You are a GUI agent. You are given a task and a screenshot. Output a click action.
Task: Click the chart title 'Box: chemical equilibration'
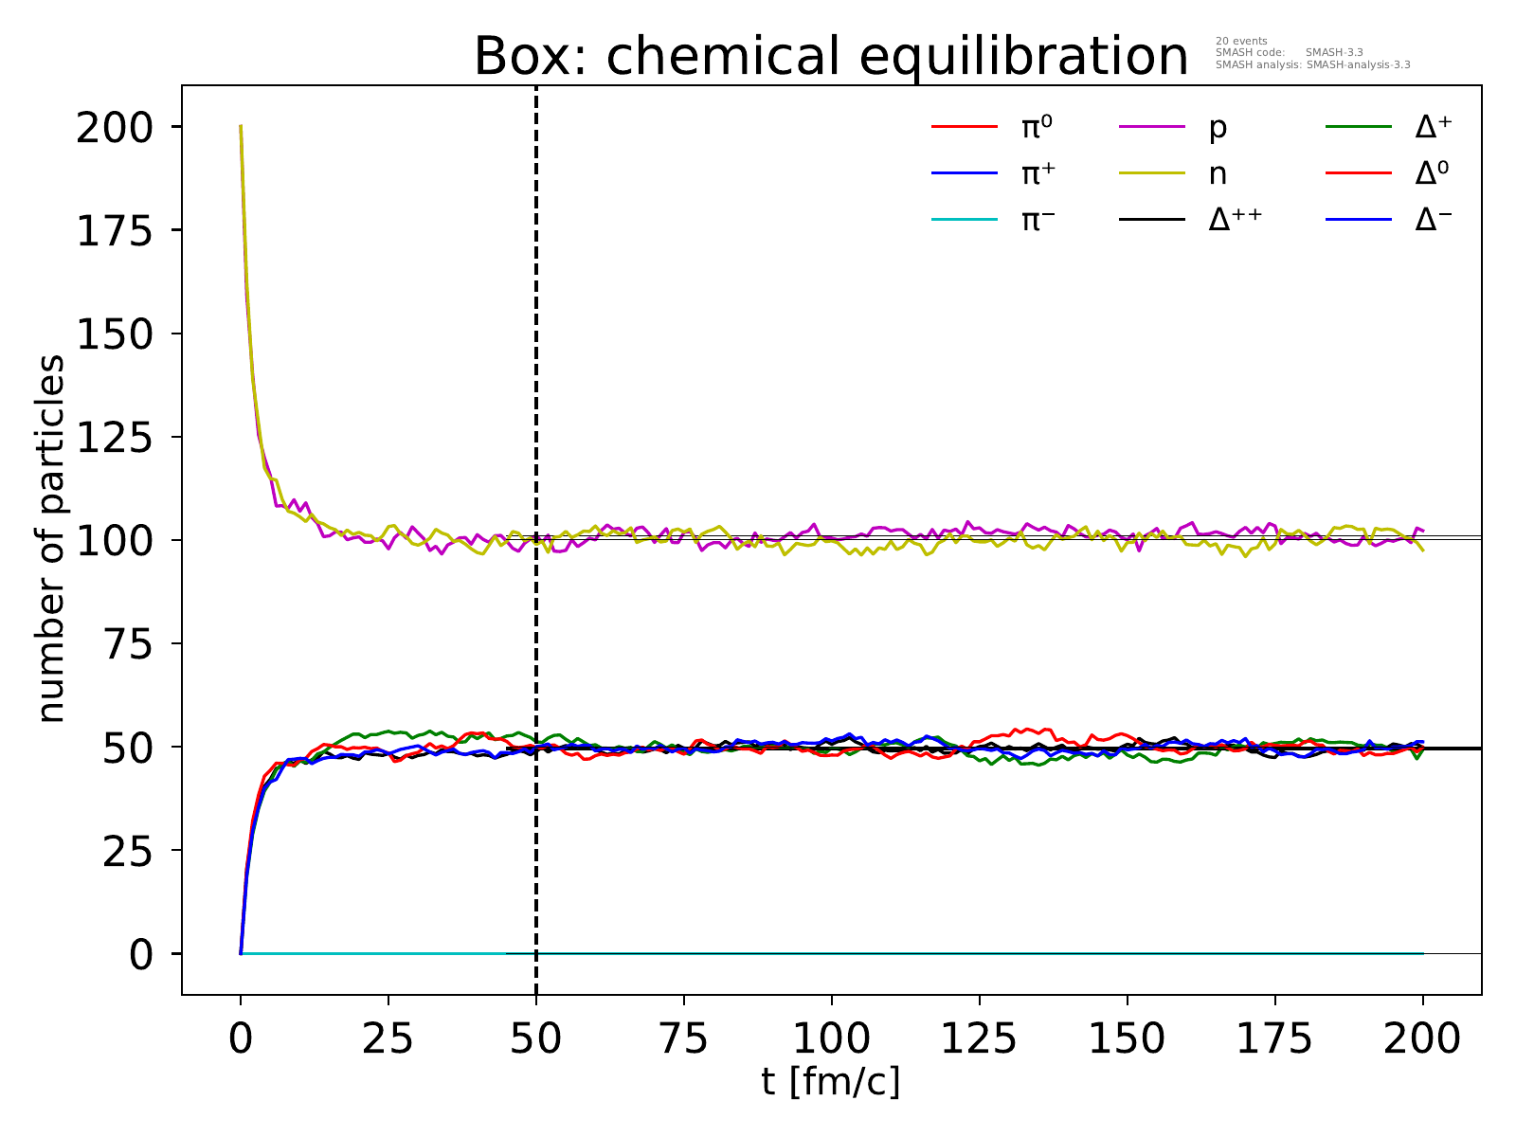tap(831, 57)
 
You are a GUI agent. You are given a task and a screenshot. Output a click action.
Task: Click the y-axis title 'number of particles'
tap(52, 539)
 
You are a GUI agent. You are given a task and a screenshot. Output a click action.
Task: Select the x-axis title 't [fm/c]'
tap(830, 1081)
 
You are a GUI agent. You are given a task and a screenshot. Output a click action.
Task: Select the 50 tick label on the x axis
tap(536, 1039)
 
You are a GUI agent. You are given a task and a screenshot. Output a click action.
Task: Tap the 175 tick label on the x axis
tap(1274, 1039)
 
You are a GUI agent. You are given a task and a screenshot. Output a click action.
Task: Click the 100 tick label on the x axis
tap(831, 1039)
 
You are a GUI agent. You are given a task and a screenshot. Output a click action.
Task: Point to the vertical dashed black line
tap(536, 379)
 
